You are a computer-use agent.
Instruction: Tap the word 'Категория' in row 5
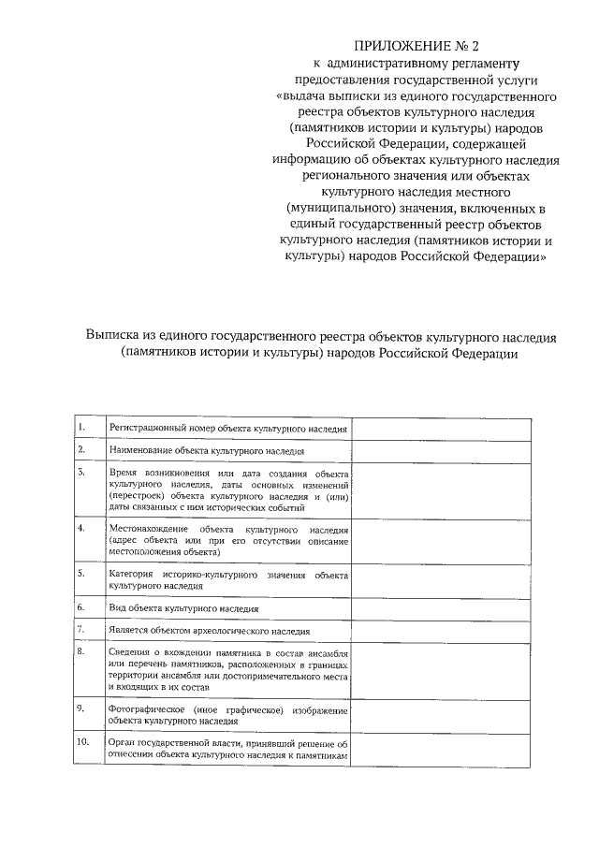click(130, 573)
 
